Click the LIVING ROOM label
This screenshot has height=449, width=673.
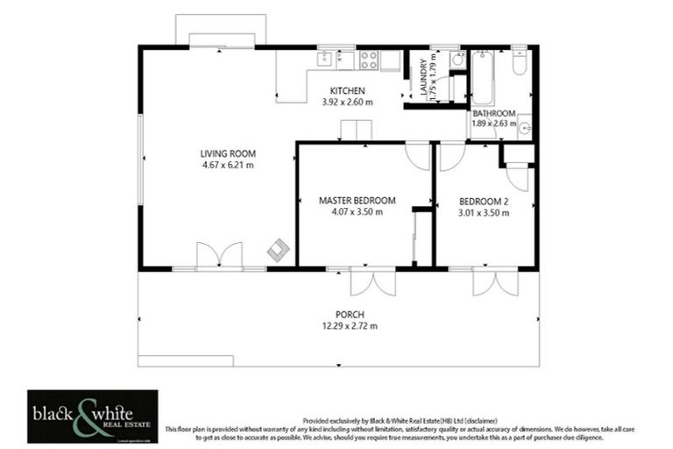(227, 153)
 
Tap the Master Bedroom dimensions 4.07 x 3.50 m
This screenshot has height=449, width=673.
(357, 212)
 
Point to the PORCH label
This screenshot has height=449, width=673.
(350, 315)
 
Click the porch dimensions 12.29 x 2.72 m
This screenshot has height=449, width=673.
(350, 326)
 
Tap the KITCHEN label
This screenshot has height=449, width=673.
(347, 91)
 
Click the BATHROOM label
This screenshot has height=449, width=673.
(494, 113)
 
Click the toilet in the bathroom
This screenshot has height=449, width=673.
(519, 63)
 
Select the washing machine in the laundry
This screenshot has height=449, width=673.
(457, 60)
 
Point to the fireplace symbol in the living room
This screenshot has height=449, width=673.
(278, 249)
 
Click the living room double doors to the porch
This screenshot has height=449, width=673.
(219, 256)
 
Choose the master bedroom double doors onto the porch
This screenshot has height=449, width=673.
(372, 282)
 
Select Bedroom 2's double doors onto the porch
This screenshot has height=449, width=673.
(489, 282)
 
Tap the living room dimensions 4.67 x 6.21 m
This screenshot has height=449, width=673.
(227, 165)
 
